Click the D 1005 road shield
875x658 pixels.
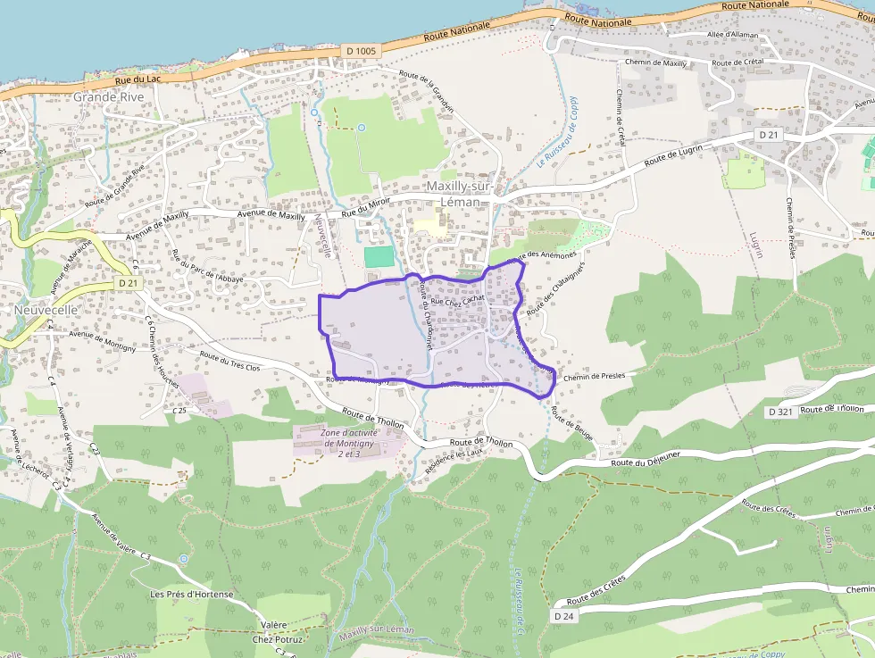point(360,51)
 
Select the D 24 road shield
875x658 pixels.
point(562,616)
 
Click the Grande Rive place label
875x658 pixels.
point(108,96)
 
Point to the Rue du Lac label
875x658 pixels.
point(137,79)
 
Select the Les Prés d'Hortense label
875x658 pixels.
point(191,595)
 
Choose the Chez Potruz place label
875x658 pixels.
point(278,639)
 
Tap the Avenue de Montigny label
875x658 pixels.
point(102,340)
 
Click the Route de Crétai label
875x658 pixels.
point(738,62)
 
